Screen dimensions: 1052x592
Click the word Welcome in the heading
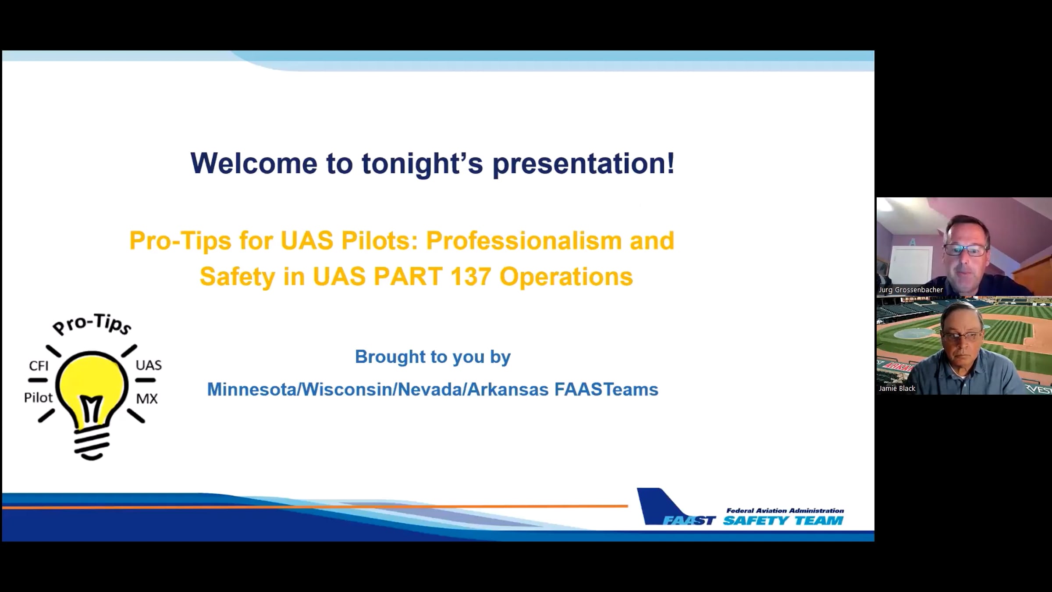254,163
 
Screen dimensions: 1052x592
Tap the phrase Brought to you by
433,357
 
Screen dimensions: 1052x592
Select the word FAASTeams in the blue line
606,389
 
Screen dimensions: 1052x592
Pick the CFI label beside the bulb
39,366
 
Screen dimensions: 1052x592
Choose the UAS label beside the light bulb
149,365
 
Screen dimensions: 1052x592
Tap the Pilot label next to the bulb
38,397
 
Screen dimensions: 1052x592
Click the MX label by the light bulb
147,399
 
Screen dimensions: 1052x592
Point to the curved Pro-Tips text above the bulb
92,325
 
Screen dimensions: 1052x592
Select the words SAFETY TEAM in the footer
783,521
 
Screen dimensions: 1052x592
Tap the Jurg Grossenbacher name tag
910,290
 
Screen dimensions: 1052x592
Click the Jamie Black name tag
897,389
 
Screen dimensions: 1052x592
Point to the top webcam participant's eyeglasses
965,250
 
